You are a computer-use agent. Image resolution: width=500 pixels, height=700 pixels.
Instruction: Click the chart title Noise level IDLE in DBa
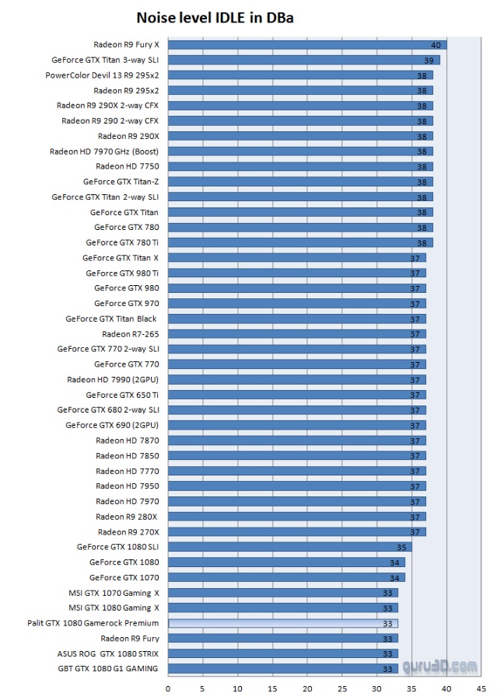[x=215, y=16]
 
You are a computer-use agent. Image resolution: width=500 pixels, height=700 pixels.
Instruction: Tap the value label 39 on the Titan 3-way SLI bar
[x=428, y=60]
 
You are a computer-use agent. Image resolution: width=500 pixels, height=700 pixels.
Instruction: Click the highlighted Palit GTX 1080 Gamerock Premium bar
[x=283, y=623]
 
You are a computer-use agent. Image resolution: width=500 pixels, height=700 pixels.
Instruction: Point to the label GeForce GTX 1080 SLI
[x=118, y=547]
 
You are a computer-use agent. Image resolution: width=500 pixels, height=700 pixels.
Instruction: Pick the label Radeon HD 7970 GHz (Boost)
[x=104, y=151]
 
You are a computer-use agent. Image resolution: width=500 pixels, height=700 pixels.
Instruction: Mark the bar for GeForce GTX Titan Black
[x=296, y=319]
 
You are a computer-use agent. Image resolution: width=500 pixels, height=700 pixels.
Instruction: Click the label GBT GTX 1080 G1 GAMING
[x=108, y=669]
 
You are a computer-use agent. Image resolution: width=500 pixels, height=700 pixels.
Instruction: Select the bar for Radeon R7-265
[x=296, y=334]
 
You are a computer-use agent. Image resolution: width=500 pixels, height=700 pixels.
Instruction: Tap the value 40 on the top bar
[x=436, y=45]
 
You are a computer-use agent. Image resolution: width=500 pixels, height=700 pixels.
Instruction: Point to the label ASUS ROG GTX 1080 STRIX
[x=108, y=653]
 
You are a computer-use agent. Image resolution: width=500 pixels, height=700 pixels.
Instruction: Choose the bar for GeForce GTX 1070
[x=286, y=577]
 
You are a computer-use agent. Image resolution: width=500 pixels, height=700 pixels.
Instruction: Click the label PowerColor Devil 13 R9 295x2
[x=102, y=75]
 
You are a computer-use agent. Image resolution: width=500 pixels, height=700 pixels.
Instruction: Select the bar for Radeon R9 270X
[x=296, y=532]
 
